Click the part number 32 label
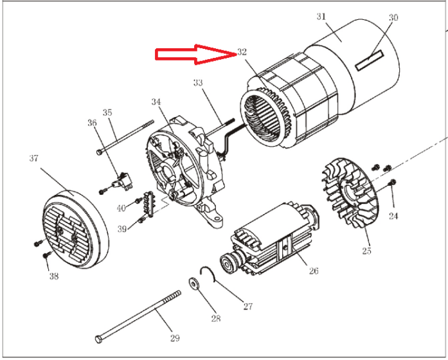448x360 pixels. click(242, 52)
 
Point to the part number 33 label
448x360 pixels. click(198, 83)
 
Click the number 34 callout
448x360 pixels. click(156, 102)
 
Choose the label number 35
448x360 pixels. click(107, 112)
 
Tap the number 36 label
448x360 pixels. click(92, 122)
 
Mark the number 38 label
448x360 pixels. click(53, 277)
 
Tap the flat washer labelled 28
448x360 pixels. click(193, 282)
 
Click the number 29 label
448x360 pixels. click(174, 337)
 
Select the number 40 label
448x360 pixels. click(121, 208)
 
